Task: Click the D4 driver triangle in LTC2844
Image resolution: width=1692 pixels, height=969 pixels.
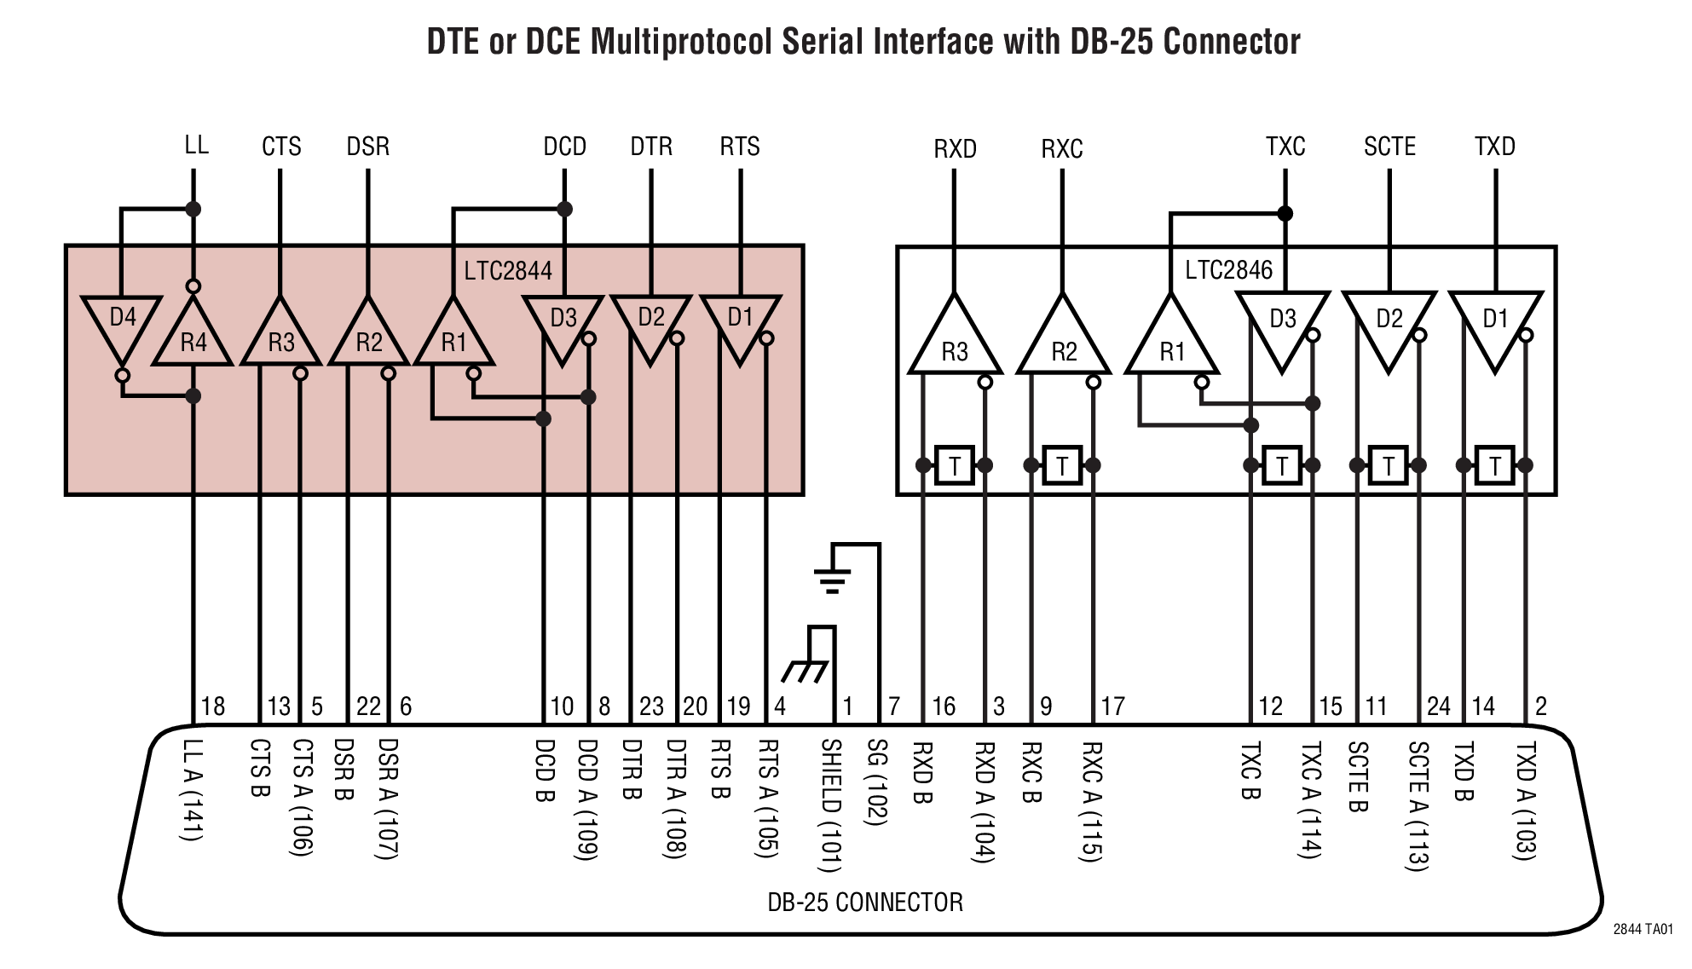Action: pyautogui.click(x=122, y=324)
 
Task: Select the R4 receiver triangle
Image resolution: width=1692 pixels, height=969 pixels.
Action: pyautogui.click(x=193, y=337)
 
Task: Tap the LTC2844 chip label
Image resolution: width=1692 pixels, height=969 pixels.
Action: pyautogui.click(x=508, y=271)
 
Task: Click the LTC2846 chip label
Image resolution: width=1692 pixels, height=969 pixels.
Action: pyautogui.click(x=1228, y=270)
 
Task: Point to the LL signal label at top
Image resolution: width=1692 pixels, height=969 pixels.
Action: pyautogui.click(x=196, y=145)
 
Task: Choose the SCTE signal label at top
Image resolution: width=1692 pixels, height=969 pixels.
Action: pyautogui.click(x=1389, y=147)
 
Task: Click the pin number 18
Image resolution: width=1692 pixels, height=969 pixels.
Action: pyautogui.click(x=212, y=706)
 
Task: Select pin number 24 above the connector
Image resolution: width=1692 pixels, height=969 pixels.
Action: pyautogui.click(x=1438, y=706)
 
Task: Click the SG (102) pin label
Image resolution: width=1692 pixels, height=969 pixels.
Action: pyautogui.click(x=877, y=782)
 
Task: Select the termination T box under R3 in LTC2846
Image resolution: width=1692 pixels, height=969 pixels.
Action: pyautogui.click(x=955, y=465)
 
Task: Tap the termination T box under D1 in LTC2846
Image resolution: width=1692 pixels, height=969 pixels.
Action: pyautogui.click(x=1494, y=465)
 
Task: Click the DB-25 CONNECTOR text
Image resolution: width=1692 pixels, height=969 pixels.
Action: pyautogui.click(x=864, y=902)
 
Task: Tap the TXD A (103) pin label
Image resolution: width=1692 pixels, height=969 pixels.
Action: pyautogui.click(x=1525, y=800)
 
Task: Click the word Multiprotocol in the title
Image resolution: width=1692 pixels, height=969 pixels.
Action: pyautogui.click(x=681, y=41)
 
